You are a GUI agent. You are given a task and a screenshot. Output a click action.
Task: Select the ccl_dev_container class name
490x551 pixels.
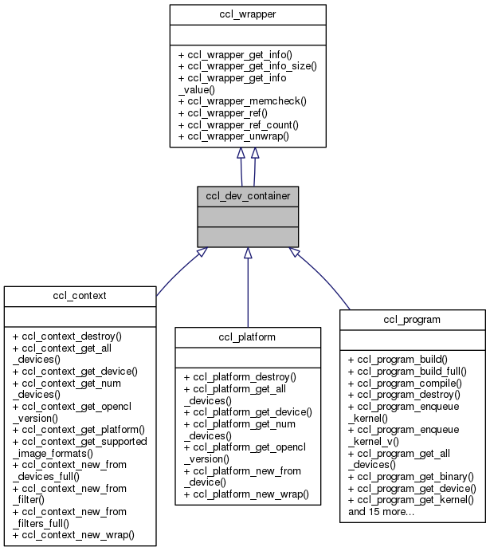coord(248,195)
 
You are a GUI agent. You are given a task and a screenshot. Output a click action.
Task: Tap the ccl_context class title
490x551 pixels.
coord(78,296)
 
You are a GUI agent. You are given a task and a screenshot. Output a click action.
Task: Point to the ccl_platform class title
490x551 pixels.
coord(248,337)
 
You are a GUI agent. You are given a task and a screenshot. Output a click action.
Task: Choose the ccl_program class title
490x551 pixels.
coord(413,319)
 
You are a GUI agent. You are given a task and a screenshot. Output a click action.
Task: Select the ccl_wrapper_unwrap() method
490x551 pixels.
coord(233,136)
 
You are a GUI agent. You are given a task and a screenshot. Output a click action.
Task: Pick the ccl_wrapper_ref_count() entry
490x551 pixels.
coord(238,124)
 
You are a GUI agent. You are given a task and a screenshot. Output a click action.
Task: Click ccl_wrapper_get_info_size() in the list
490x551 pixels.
coord(247,65)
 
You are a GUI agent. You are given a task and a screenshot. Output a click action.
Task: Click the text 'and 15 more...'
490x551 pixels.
coord(381,511)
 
